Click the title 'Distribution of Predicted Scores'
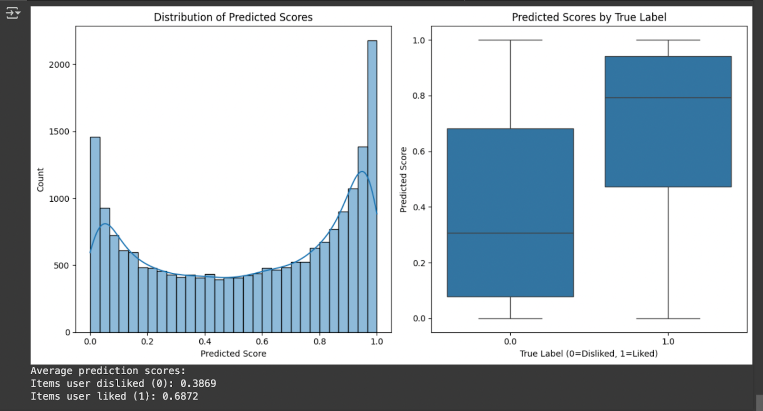233,17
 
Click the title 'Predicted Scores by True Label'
589,17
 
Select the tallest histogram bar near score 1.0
372,186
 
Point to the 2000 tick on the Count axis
59,64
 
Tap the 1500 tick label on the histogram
59,132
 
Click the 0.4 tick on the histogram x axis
205,341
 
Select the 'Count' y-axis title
40,180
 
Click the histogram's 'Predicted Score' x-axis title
233,353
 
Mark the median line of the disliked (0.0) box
510,233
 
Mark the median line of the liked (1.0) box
668,98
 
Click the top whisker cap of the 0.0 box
510,40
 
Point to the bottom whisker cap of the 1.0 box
668,319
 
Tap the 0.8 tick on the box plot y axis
419,96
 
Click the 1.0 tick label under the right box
668,341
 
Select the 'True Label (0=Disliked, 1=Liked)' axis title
588,353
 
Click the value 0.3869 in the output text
198,383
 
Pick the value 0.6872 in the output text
180,396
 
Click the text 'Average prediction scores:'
108,370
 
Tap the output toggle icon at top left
13,13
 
